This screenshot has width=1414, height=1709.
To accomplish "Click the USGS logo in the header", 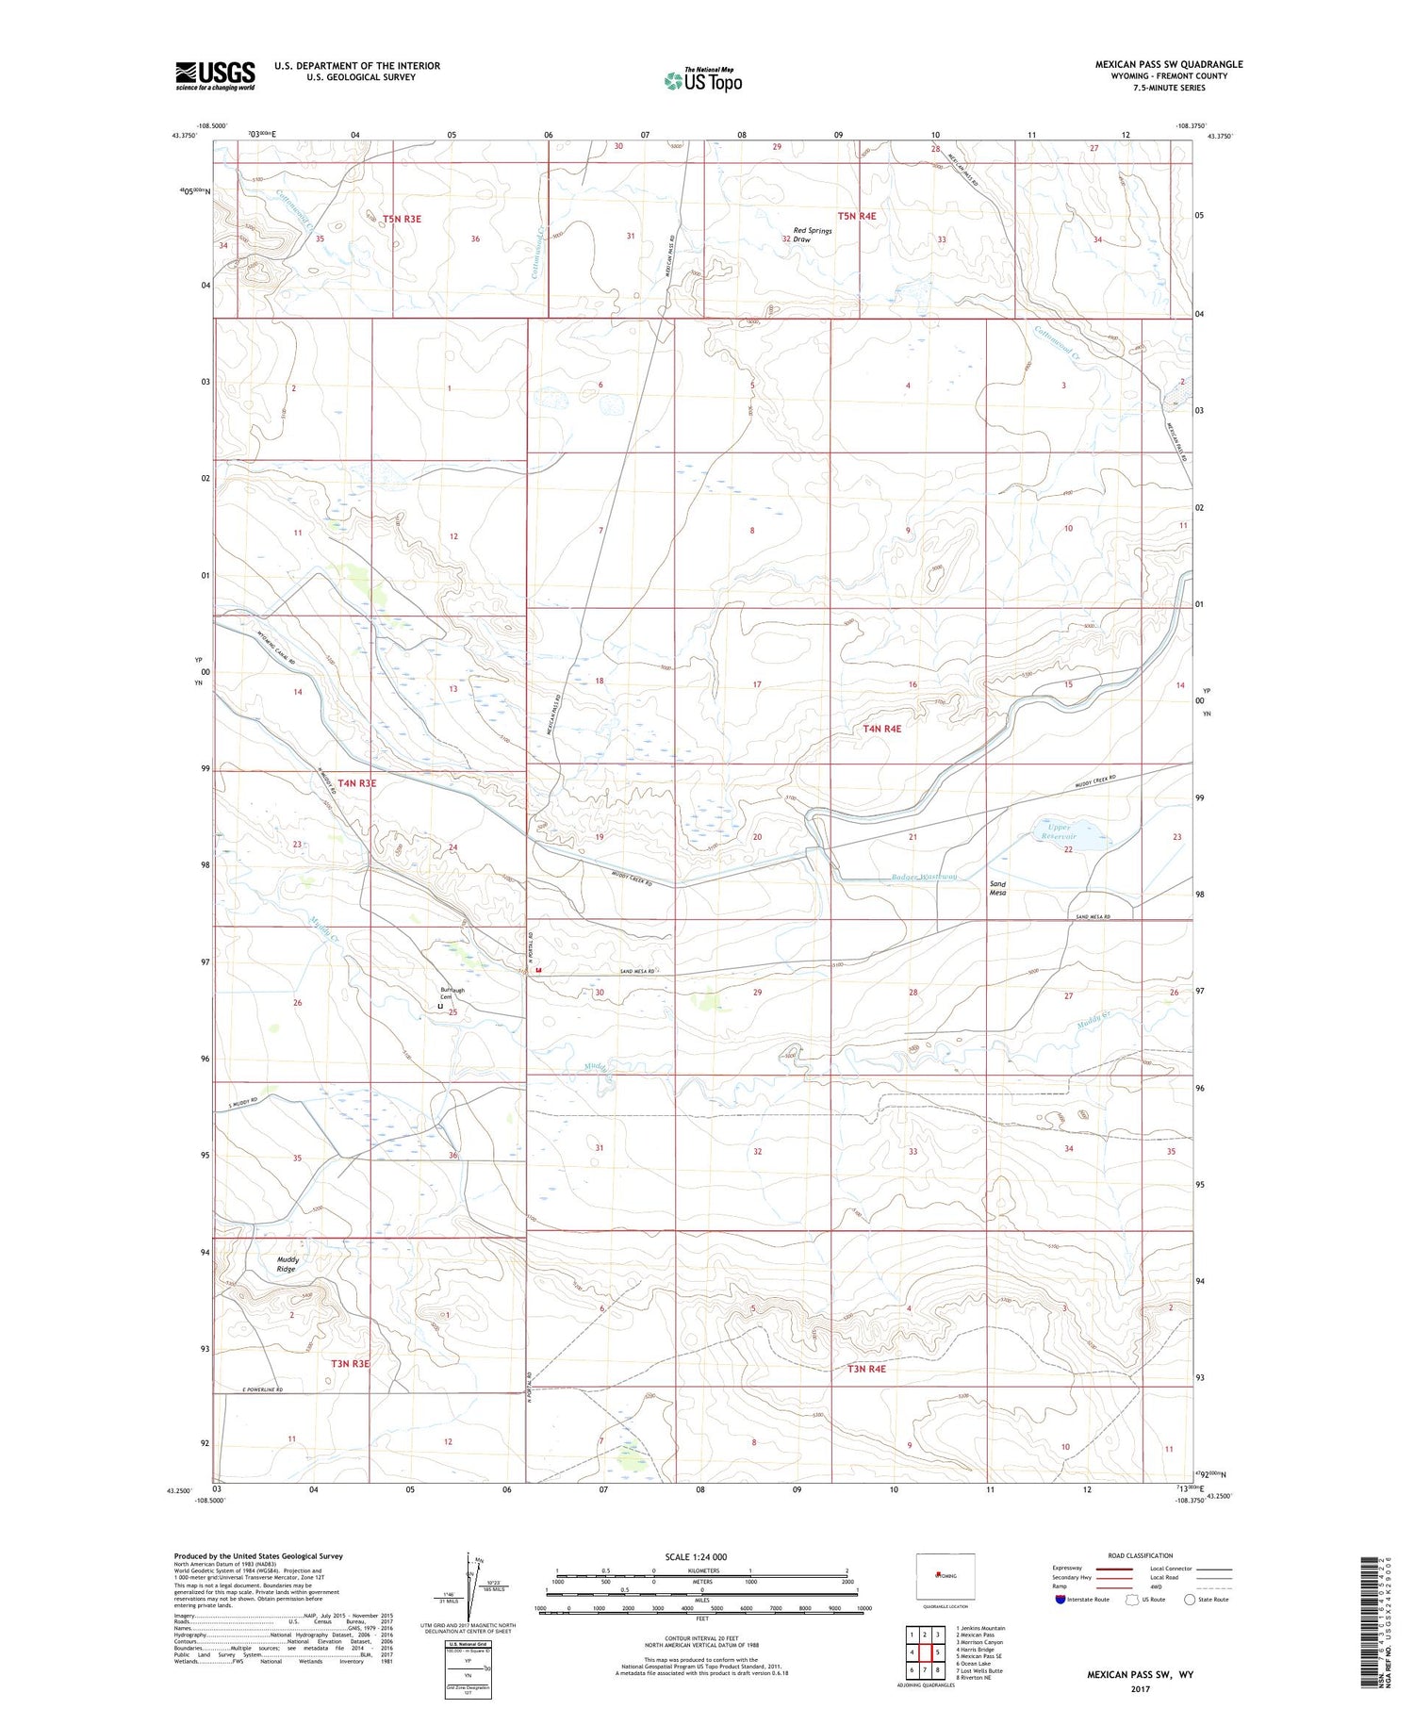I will pyautogui.click(x=215, y=75).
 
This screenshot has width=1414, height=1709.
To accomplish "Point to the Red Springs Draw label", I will pyautogui.click(x=812, y=235).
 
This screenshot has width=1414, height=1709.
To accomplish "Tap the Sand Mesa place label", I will pyautogui.click(x=996, y=888).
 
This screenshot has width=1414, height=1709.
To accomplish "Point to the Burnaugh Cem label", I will pyautogui.click(x=452, y=994).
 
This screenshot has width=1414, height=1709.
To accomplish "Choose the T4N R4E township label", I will pyautogui.click(x=881, y=729).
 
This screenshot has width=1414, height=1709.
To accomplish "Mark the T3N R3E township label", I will pyautogui.click(x=349, y=1363).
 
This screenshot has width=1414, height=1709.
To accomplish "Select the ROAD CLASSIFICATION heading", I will pyautogui.click(x=1141, y=1555).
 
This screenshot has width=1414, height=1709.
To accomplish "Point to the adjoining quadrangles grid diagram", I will pyautogui.click(x=925, y=1651).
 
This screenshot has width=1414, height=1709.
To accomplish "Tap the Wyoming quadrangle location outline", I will pyautogui.click(x=945, y=1575).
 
